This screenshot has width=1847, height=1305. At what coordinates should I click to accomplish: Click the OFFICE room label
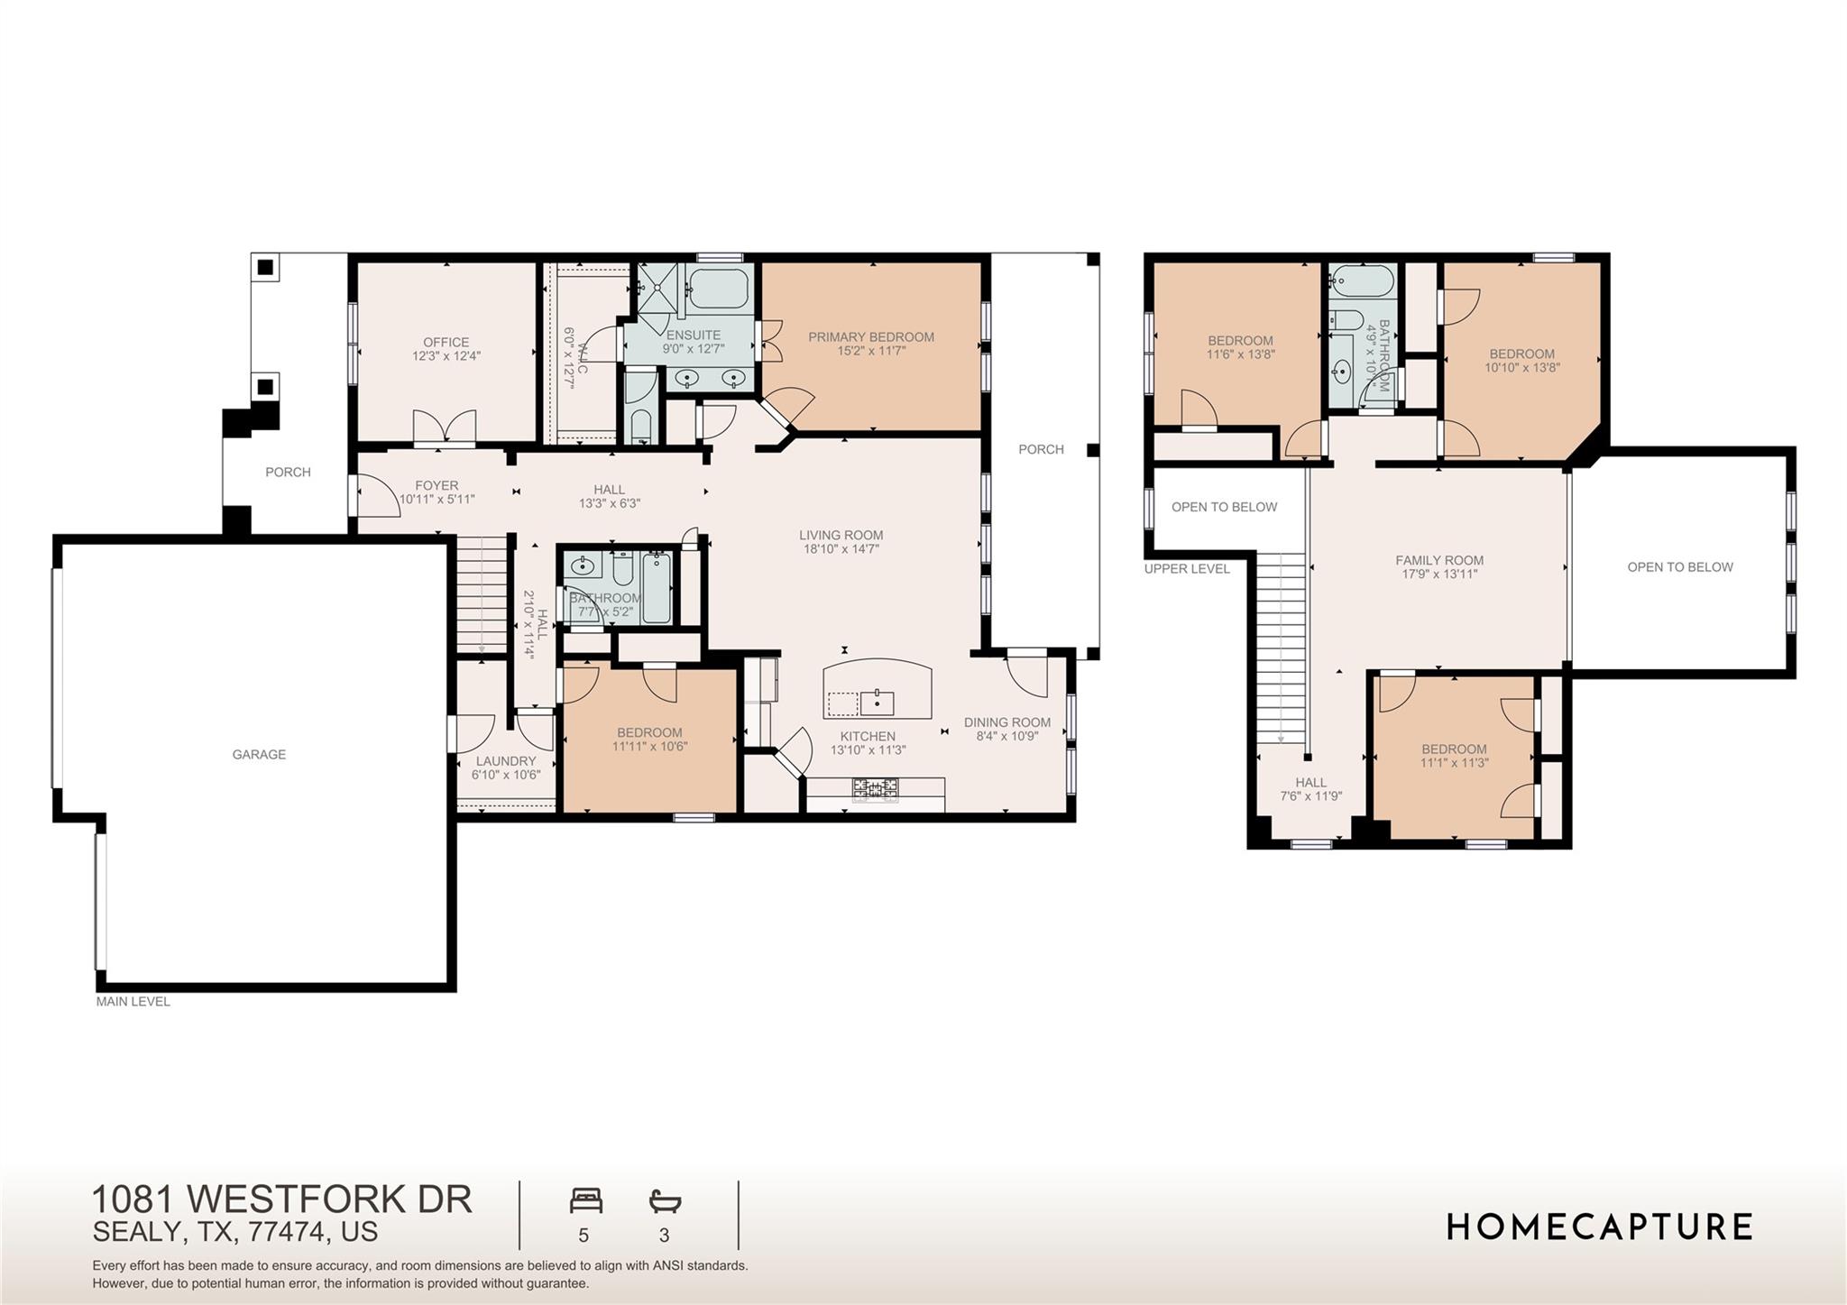[x=446, y=343]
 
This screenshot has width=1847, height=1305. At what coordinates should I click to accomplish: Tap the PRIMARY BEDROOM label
[x=870, y=337]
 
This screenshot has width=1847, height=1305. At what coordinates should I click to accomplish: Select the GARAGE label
[x=259, y=755]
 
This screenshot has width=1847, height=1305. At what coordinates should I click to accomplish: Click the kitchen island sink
[x=876, y=701]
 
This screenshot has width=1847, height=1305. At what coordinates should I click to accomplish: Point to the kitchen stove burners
[x=875, y=789]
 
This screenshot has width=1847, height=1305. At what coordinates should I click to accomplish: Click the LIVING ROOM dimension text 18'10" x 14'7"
[x=841, y=548]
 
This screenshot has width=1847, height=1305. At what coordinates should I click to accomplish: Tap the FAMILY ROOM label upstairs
[x=1438, y=560]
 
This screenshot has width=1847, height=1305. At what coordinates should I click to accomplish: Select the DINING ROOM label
[x=1006, y=722]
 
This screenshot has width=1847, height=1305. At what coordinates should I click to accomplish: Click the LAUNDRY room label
[x=505, y=761]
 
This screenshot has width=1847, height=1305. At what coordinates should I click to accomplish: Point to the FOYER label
[x=436, y=485]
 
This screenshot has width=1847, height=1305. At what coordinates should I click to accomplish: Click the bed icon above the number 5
[x=585, y=1201]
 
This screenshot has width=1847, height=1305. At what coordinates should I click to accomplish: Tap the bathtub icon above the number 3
[x=665, y=1201]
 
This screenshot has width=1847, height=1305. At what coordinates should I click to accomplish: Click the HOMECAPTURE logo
[x=1599, y=1227]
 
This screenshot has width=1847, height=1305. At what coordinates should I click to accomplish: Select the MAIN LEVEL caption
[x=133, y=1001]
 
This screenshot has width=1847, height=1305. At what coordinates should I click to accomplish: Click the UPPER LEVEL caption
[x=1186, y=569]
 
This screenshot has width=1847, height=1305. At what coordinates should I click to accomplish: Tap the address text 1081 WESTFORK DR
[x=281, y=1199]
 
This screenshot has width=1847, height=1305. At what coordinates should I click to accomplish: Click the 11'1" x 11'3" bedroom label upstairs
[x=1454, y=756]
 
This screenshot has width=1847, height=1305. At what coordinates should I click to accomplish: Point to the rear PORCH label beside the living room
[x=1041, y=449]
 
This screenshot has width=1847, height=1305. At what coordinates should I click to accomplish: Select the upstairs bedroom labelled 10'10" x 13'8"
[x=1521, y=361]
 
